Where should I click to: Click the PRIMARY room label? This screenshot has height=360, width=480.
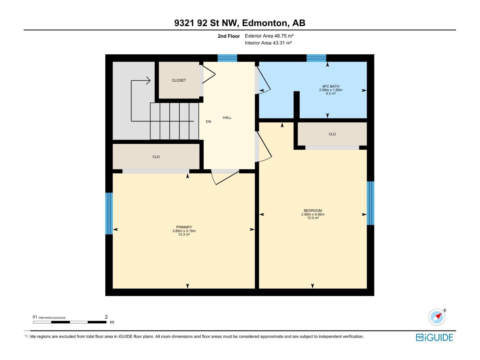(184, 227)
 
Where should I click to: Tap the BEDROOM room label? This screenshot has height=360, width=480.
(313, 211)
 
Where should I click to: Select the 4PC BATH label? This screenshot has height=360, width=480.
(331, 86)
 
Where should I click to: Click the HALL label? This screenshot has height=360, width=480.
(227, 118)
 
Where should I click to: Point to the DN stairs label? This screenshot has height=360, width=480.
(208, 121)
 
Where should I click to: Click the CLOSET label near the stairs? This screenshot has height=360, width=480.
(179, 80)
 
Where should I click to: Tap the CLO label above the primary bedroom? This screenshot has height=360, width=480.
(156, 157)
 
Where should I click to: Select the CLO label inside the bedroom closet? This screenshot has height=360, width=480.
(332, 134)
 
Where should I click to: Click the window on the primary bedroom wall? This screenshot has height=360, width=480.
(109, 213)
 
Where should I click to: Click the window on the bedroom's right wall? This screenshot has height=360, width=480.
(370, 203)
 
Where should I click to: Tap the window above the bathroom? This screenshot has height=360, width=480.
(316, 58)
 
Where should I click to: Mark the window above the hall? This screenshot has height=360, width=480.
(227, 58)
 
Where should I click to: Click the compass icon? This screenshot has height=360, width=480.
(437, 317)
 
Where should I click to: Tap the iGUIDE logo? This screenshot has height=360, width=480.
(434, 337)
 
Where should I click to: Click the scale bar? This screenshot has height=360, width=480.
(70, 322)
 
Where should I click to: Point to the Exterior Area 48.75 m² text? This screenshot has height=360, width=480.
(269, 36)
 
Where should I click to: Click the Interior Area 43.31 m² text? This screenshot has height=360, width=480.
(268, 43)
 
